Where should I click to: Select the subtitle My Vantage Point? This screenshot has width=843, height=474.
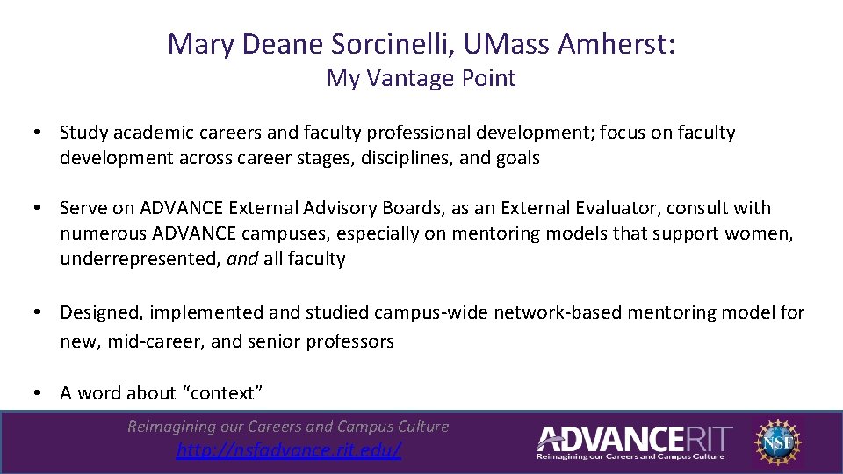(x=421, y=78)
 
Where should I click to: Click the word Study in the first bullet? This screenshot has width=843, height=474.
(x=83, y=133)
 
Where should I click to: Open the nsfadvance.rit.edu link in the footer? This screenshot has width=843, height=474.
(x=288, y=450)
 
